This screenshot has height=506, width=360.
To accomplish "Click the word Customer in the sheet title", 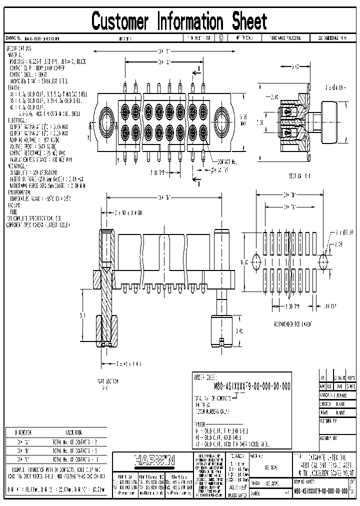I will click(120, 21).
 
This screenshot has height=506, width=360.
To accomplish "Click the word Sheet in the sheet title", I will click(249, 21).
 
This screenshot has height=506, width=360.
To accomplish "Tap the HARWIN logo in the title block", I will click(152, 458).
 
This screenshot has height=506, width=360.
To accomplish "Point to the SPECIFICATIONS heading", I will click(18, 48).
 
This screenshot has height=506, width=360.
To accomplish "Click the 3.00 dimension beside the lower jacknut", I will click(239, 330).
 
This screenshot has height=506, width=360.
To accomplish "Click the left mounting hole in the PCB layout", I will click(256, 261).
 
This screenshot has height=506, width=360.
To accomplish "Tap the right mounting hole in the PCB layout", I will click(323, 261).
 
